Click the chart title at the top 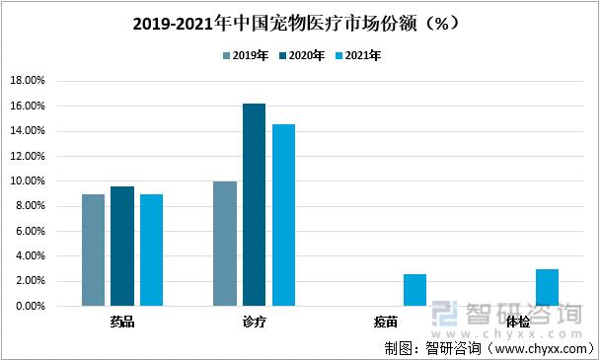pos(299,21)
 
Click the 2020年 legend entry pos(302,56)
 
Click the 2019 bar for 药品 pos(93,251)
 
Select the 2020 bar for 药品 pos(122,247)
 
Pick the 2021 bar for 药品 pos(151,251)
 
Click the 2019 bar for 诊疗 pos(225,244)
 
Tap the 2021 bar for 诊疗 pos(283,215)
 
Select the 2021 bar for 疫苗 pos(414,290)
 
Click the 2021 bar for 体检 pos(547,288)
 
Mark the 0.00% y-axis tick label pos(30,307)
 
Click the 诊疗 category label pos(254,322)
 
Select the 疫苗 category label pos(386,322)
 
